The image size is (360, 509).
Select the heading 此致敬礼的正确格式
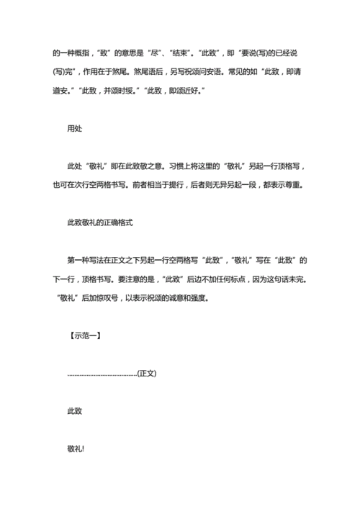(100, 222)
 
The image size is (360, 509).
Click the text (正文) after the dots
(148, 373)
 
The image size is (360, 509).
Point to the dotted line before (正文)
(102, 374)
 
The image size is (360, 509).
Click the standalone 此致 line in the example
(76, 410)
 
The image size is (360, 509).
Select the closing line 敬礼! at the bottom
(76, 448)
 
